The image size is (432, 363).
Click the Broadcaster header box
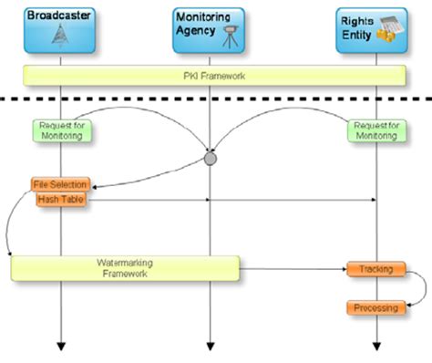point(60,31)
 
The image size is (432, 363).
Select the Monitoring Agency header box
point(209,31)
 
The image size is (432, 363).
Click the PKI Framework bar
point(214,75)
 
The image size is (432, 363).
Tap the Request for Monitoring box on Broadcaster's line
point(61,130)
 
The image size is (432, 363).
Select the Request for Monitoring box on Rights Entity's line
point(375,130)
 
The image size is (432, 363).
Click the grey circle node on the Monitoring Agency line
point(211,159)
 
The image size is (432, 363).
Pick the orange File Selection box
point(59,184)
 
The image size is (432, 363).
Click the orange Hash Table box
point(61,199)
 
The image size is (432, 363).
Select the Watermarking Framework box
point(125,267)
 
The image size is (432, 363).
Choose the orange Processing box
point(375,307)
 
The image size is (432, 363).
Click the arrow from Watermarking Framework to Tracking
point(292,268)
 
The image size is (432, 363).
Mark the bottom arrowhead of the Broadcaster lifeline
point(61,346)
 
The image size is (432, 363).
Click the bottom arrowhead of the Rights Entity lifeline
point(376,346)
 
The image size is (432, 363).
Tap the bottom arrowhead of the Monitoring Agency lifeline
point(211,346)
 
